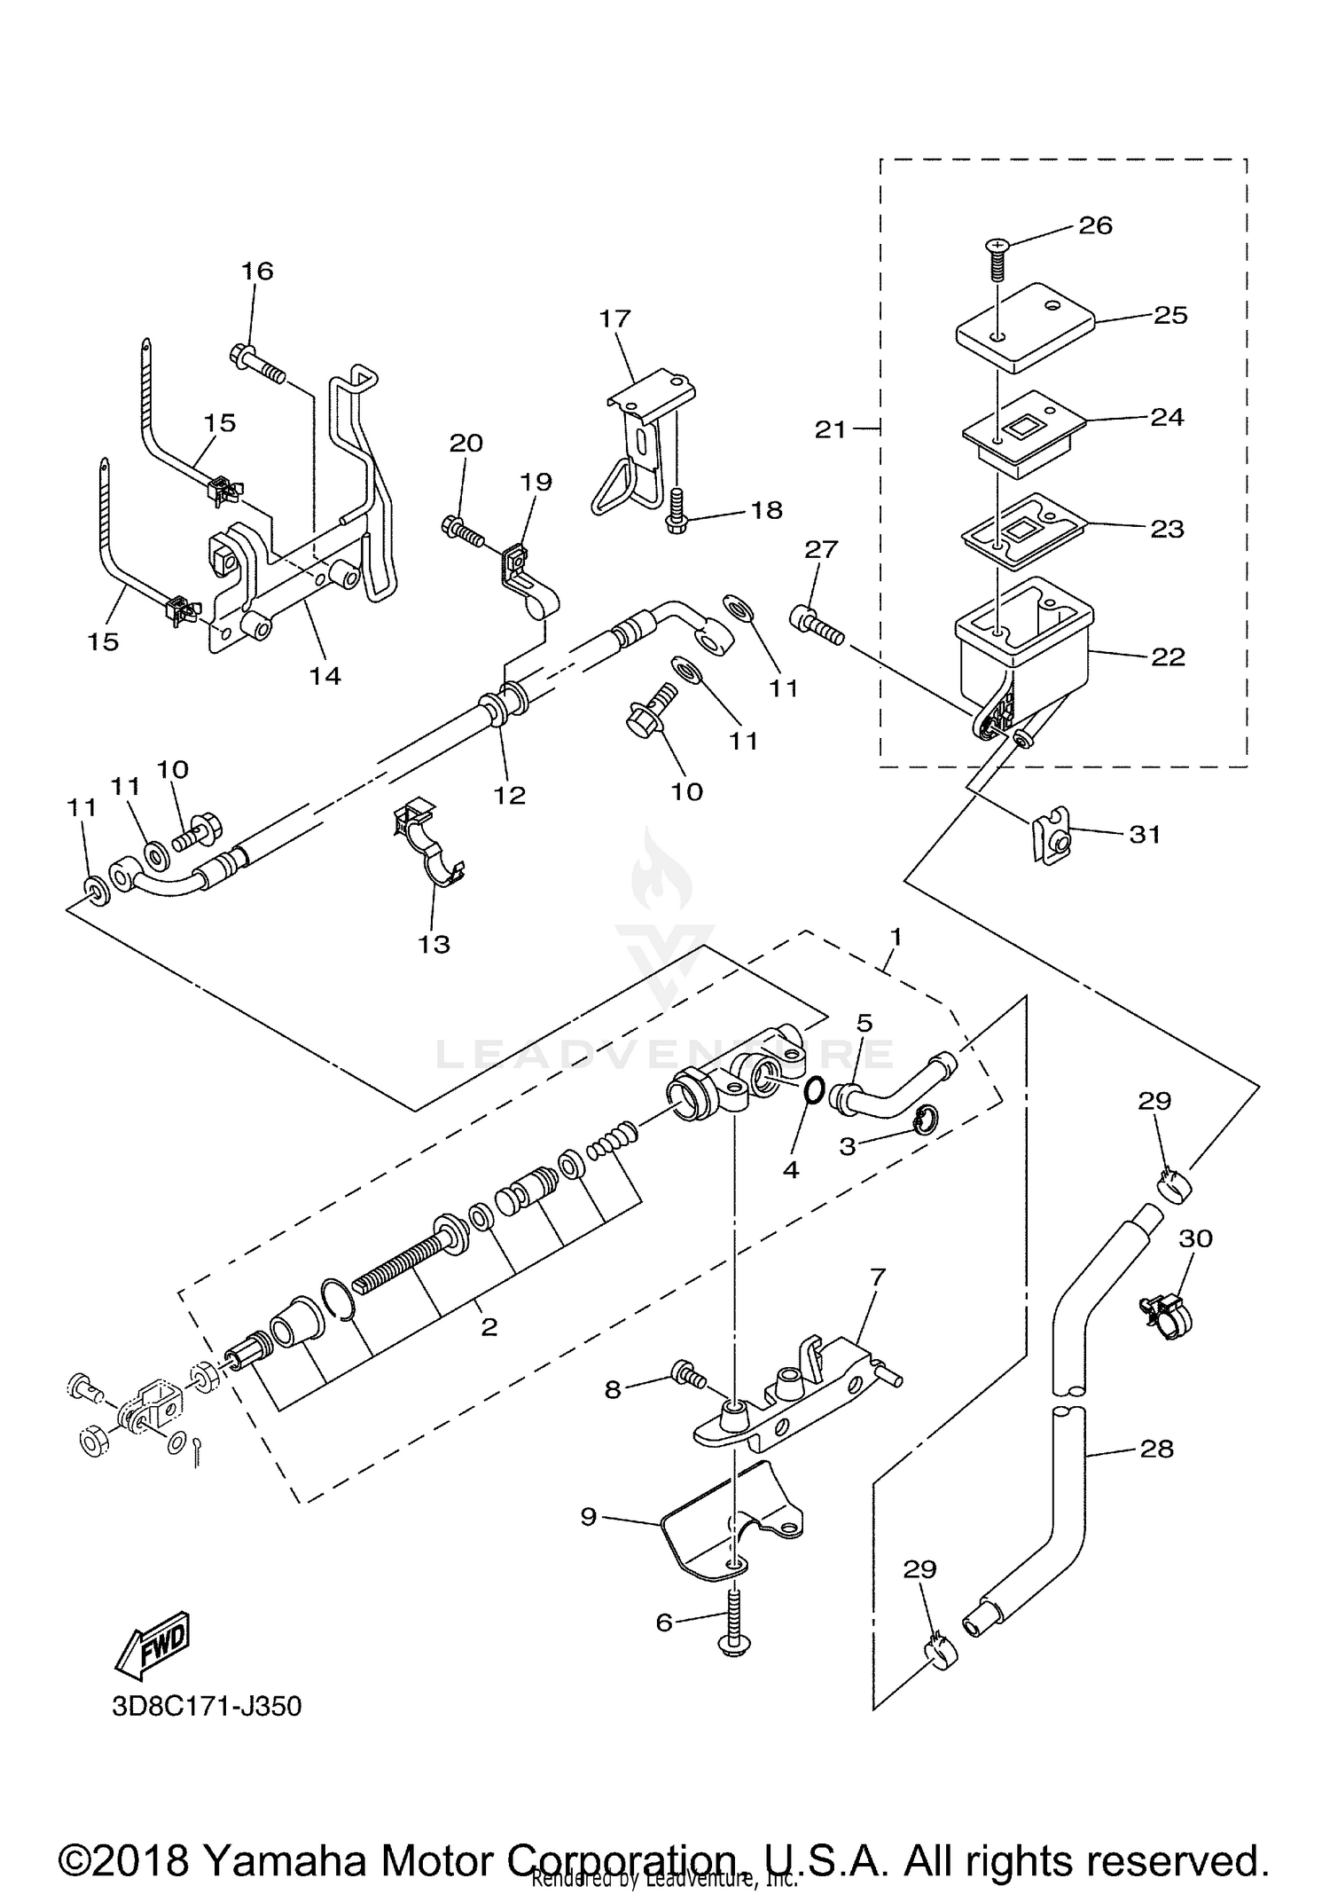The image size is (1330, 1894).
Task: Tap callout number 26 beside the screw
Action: (x=1095, y=225)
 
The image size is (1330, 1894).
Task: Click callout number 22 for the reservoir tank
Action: (x=1167, y=656)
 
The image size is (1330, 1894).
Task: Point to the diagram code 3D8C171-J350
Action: (x=207, y=1706)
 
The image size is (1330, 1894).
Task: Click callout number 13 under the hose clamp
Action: (x=434, y=944)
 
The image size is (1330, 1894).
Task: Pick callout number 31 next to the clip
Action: (x=1145, y=834)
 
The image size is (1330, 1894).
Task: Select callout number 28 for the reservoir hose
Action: (x=1157, y=1449)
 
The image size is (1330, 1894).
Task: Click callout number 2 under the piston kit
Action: (x=489, y=1327)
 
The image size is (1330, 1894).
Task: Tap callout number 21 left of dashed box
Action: (x=831, y=429)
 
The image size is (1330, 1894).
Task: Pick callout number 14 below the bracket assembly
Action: (x=325, y=676)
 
